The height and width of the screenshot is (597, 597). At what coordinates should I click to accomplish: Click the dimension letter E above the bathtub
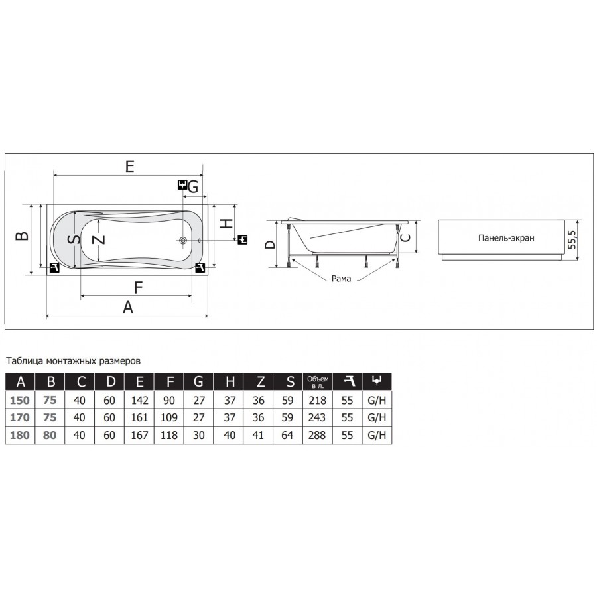[130, 166]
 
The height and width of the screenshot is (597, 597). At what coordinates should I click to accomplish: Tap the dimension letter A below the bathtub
[128, 307]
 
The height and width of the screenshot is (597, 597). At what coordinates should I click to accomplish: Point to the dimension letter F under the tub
[138, 287]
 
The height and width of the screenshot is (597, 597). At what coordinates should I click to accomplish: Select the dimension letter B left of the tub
[22, 236]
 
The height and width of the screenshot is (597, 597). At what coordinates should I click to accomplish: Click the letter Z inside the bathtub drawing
[99, 239]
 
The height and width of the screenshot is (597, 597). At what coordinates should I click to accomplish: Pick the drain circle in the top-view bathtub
[183, 241]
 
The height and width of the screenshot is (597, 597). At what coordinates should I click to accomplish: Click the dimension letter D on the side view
[270, 244]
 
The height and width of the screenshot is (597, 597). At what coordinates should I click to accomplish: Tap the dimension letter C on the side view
[406, 237]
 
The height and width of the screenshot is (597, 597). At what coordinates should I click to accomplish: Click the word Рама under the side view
[341, 279]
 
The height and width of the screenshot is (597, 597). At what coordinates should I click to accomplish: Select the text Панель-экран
[506, 238]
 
